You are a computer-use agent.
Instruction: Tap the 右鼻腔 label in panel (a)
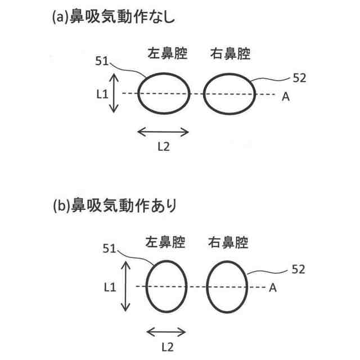tap(229, 55)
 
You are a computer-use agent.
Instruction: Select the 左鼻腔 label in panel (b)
tap(166, 242)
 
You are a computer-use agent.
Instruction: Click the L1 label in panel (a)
tap(102, 94)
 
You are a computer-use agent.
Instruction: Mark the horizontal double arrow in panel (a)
tap(163, 131)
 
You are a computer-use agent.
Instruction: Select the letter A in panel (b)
tap(272, 288)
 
